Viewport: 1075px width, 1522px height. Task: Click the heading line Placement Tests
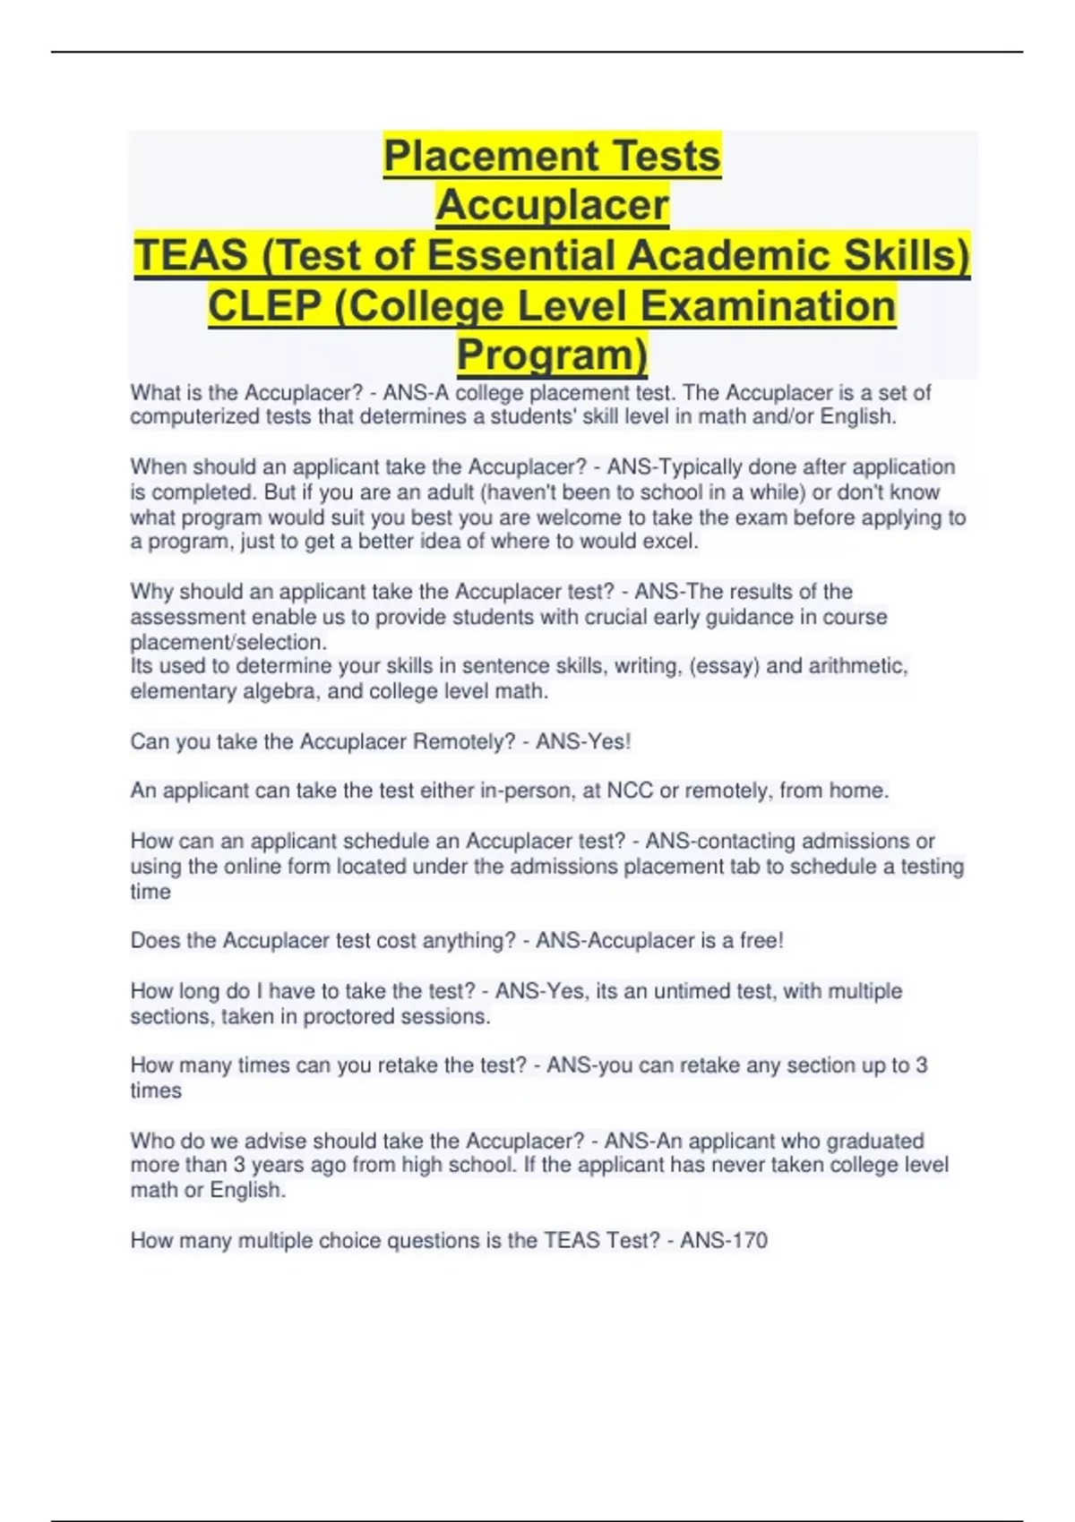pyautogui.click(x=552, y=156)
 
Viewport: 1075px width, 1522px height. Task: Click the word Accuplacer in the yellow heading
pyautogui.click(x=552, y=205)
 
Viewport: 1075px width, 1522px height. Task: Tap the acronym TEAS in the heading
pyautogui.click(x=190, y=255)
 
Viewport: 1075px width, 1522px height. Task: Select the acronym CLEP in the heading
pyautogui.click(x=264, y=306)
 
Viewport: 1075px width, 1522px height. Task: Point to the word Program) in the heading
pyautogui.click(x=552, y=355)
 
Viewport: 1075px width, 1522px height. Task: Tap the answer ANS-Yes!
pyautogui.click(x=583, y=741)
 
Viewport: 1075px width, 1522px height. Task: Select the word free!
pyautogui.click(x=761, y=941)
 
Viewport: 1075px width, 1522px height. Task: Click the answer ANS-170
pyautogui.click(x=723, y=1241)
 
